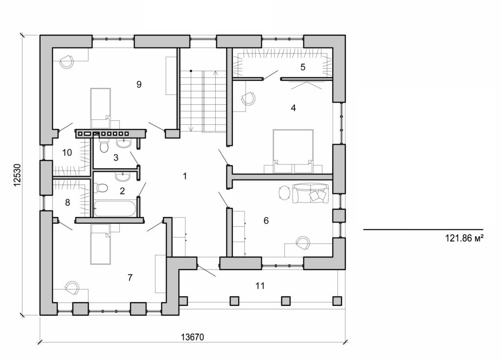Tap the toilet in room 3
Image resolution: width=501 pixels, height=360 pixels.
point(104,146)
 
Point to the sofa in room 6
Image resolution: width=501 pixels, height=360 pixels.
point(310,193)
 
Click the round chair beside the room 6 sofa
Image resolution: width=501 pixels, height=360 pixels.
point(284,192)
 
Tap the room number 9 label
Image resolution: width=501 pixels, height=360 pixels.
point(139,85)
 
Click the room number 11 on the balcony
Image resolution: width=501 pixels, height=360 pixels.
point(260,286)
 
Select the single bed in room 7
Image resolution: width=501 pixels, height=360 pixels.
point(100,244)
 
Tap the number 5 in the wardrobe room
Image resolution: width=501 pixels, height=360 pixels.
point(303,67)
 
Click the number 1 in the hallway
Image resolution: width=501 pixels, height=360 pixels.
point(184,176)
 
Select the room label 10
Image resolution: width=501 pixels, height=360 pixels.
point(67,153)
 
